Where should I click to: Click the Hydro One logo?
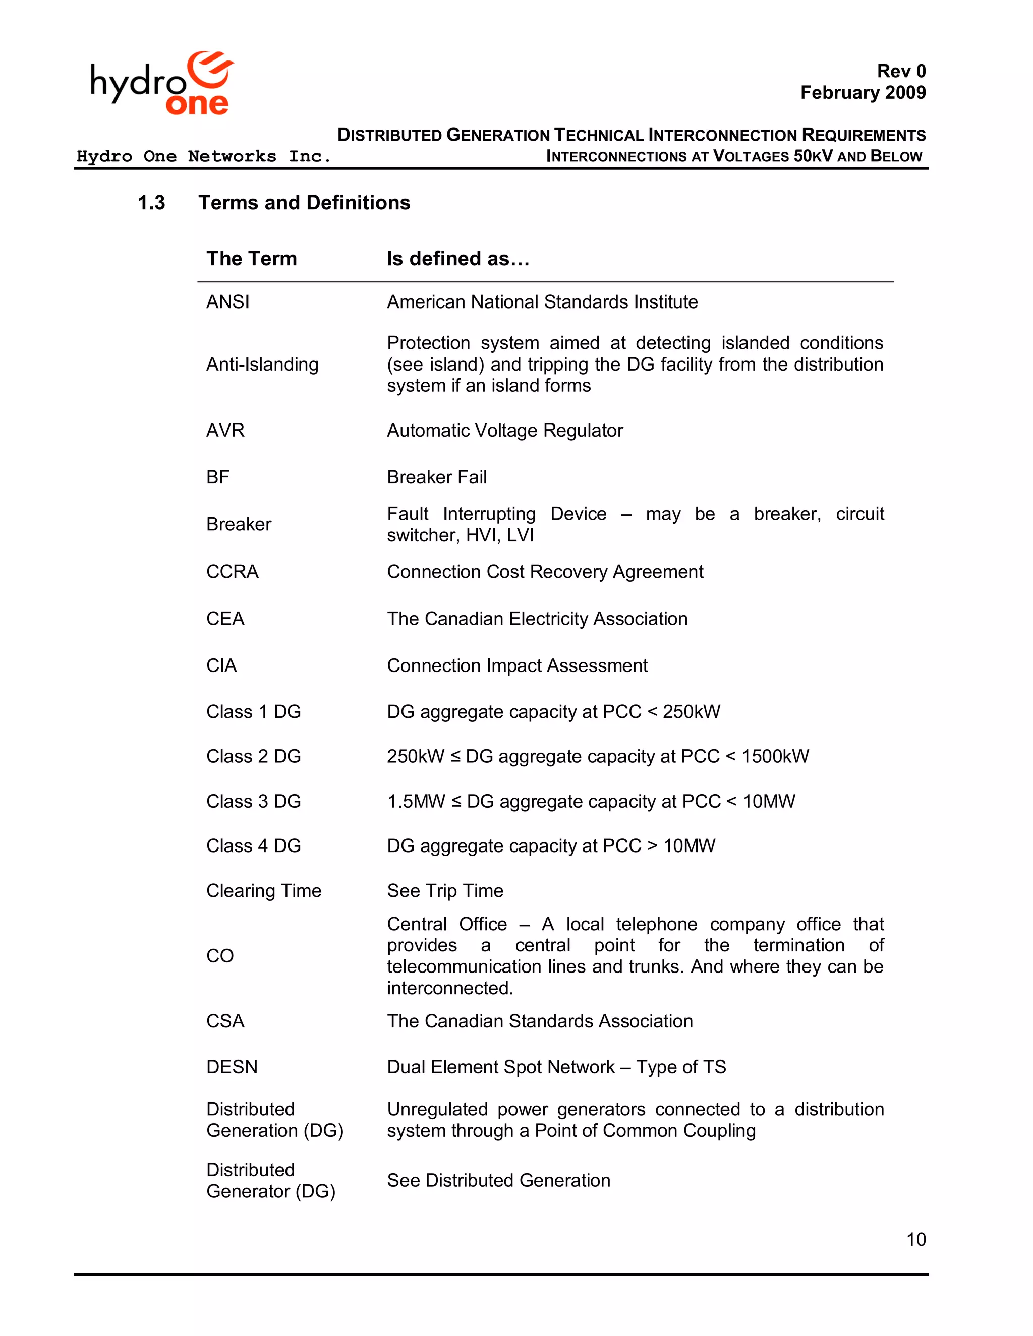pyautogui.click(x=161, y=83)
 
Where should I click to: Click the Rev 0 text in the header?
pyautogui.click(x=901, y=71)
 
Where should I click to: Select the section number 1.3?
pyautogui.click(x=151, y=203)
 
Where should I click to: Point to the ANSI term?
pyautogui.click(x=227, y=301)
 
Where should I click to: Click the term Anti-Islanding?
pyautogui.click(x=262, y=364)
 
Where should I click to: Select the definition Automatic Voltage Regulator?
pyautogui.click(x=504, y=430)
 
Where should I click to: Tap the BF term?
pyautogui.click(x=218, y=477)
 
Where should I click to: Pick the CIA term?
pyautogui.click(x=221, y=665)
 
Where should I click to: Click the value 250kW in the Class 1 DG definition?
pyautogui.click(x=691, y=711)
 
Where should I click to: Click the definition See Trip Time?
pyautogui.click(x=445, y=891)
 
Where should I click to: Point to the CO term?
pyautogui.click(x=220, y=955)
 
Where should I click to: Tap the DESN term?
pyautogui.click(x=232, y=1067)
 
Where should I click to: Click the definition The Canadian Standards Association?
pyautogui.click(x=539, y=1021)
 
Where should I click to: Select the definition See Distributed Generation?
pyautogui.click(x=498, y=1180)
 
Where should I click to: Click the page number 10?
pyautogui.click(x=915, y=1239)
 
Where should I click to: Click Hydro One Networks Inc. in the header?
pyautogui.click(x=203, y=157)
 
